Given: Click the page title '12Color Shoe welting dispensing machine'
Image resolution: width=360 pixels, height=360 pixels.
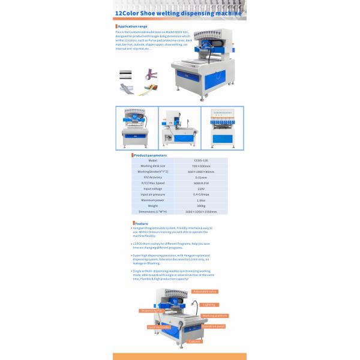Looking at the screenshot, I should [178, 13].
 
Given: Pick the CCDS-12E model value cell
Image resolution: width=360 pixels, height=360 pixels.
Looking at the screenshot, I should [201, 161].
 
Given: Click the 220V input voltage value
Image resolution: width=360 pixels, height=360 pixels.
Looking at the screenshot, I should [201, 189].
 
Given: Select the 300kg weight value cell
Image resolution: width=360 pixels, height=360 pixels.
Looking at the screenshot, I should [201, 206].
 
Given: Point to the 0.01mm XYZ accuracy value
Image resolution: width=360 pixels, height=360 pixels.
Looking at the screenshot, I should [201, 178].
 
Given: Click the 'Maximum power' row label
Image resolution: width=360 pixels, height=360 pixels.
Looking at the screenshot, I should [152, 200].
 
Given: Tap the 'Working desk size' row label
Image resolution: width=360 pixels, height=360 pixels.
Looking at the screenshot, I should [152, 166].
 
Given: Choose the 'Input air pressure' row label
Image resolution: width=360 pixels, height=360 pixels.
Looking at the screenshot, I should [152, 194].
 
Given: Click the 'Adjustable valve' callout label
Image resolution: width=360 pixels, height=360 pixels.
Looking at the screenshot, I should [205, 290].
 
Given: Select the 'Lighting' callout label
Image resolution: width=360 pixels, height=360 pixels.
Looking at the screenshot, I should [209, 304].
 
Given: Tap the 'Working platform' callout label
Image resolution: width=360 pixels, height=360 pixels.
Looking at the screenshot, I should [215, 315].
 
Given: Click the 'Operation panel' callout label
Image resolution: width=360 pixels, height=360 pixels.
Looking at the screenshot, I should [214, 326].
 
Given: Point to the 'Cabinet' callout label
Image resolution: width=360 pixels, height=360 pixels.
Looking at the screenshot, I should [195, 341].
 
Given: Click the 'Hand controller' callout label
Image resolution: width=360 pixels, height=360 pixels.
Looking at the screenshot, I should [158, 327].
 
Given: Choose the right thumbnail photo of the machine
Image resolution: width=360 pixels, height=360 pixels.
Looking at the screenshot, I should [223, 128].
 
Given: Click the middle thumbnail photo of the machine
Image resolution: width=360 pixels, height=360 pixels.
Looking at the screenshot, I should [179, 128].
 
